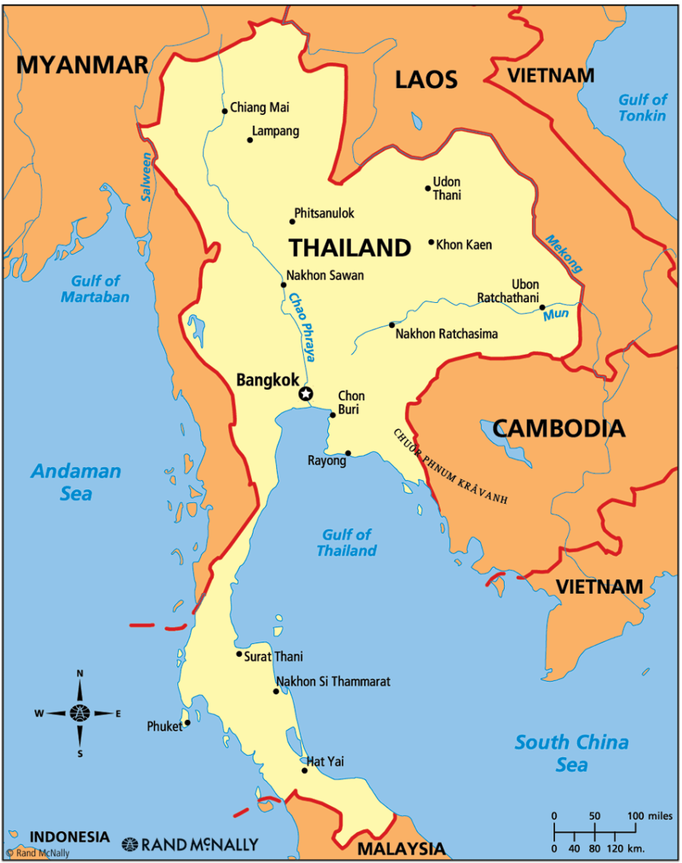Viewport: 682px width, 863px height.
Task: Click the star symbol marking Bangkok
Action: pos(305,393)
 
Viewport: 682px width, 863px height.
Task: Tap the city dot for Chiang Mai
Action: pos(225,111)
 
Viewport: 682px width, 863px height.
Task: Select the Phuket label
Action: pos(164,727)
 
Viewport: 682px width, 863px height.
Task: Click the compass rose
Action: pos(80,713)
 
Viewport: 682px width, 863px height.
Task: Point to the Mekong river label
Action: pos(563,253)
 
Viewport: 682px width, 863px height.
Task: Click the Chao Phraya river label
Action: pos(301,327)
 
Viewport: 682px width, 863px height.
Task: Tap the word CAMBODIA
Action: pos(558,428)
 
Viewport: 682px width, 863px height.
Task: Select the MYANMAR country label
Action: pos(82,65)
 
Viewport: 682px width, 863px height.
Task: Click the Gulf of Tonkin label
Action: pos(642,107)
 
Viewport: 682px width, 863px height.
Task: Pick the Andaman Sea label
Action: pos(75,482)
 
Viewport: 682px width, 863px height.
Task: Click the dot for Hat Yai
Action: pos(304,770)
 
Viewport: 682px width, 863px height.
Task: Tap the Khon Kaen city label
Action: pos(464,245)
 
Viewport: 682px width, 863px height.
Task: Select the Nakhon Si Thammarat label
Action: pos(333,682)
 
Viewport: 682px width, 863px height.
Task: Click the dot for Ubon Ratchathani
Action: pos(543,307)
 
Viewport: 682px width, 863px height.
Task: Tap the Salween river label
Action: pos(145,177)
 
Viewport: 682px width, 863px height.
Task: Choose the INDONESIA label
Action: pos(69,836)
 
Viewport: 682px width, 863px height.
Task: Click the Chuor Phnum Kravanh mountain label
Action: pos(450,467)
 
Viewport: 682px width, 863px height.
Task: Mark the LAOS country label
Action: pos(426,79)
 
